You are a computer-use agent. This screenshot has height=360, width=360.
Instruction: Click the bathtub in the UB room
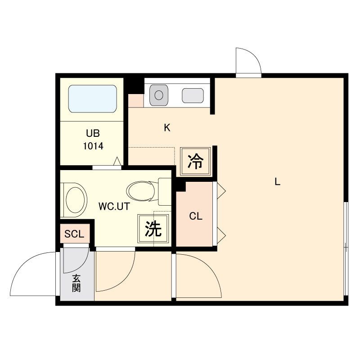[x=93, y=99]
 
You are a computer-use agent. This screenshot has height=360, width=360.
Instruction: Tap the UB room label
[x=93, y=133]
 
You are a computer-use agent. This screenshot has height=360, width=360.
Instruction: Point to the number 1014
[x=93, y=146]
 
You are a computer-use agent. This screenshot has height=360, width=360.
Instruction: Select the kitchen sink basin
[x=159, y=95]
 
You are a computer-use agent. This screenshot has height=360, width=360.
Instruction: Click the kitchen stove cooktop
[x=193, y=95]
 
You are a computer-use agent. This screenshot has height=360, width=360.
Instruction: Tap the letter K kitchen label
[x=167, y=127]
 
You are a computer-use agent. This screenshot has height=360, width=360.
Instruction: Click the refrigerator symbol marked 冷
[x=195, y=161]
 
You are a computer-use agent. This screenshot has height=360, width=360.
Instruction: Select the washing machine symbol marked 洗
[x=153, y=229]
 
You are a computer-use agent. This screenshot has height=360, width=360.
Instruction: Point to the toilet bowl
[x=140, y=191]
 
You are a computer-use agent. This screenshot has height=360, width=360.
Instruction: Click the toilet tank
[x=165, y=192]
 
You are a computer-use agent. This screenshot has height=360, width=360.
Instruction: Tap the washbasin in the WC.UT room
[x=74, y=200]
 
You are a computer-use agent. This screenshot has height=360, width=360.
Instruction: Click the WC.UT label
[x=114, y=207]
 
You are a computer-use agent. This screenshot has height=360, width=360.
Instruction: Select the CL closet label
[x=196, y=216]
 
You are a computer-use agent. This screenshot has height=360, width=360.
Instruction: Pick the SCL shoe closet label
[x=74, y=234]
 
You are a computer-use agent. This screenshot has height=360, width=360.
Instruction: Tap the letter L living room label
[x=278, y=182]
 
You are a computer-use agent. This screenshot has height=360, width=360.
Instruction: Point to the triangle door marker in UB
[x=117, y=161]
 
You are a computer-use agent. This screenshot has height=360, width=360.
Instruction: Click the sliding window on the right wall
[x=346, y=248]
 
